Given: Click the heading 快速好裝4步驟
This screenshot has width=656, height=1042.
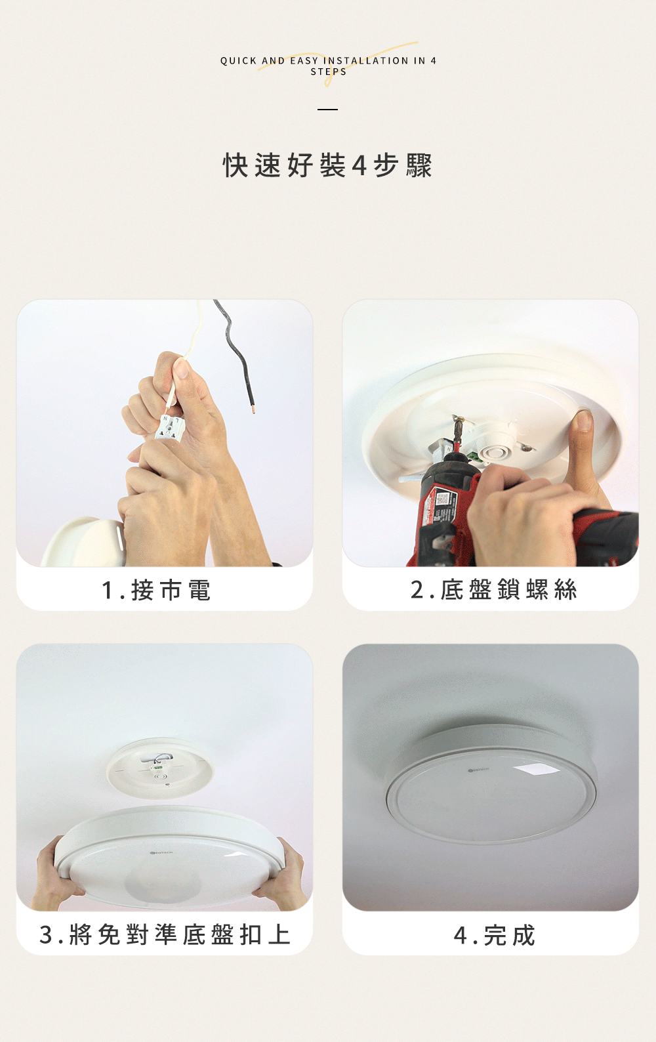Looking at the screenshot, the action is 328,165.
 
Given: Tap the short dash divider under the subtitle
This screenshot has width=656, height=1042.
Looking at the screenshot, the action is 328,110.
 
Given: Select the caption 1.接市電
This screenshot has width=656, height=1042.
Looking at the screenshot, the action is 156,591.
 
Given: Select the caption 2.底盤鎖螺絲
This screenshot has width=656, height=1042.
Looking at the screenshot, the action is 494,590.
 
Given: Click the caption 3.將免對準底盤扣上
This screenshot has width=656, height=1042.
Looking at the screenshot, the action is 165,934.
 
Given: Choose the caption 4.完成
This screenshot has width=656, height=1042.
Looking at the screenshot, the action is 495,935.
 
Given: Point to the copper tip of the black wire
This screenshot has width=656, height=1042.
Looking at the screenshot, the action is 253,409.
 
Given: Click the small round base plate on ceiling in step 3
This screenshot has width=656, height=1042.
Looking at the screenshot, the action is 159,768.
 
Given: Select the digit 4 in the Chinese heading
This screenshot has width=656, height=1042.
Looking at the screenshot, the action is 359,165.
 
